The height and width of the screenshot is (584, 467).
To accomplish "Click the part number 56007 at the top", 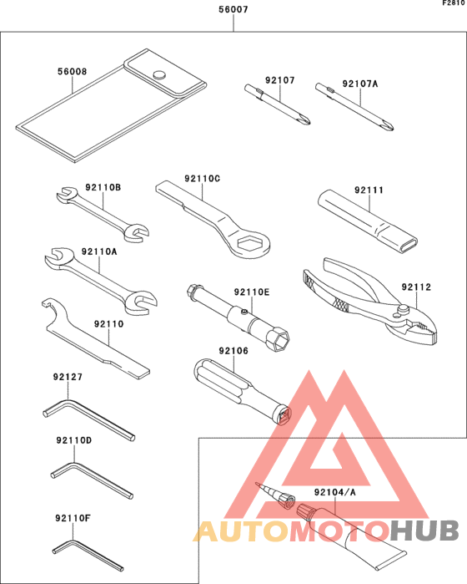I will (233, 11).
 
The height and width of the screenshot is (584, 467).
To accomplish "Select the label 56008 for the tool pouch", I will (72, 72).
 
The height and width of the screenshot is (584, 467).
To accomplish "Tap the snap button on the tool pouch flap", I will (159, 75).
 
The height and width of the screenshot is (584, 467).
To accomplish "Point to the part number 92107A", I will (360, 83).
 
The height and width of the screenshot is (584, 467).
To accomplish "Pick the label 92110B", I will (103, 187).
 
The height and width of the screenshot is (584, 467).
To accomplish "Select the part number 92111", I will (369, 190).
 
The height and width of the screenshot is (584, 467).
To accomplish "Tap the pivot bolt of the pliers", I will (403, 311).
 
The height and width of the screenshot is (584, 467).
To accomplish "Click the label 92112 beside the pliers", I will (416, 287).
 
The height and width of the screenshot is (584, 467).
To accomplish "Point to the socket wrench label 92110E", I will (252, 292).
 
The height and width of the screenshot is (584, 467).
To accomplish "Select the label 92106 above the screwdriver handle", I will (233, 352).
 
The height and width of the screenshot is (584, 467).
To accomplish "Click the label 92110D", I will (73, 439).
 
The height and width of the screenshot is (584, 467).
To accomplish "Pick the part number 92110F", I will (73, 518).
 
